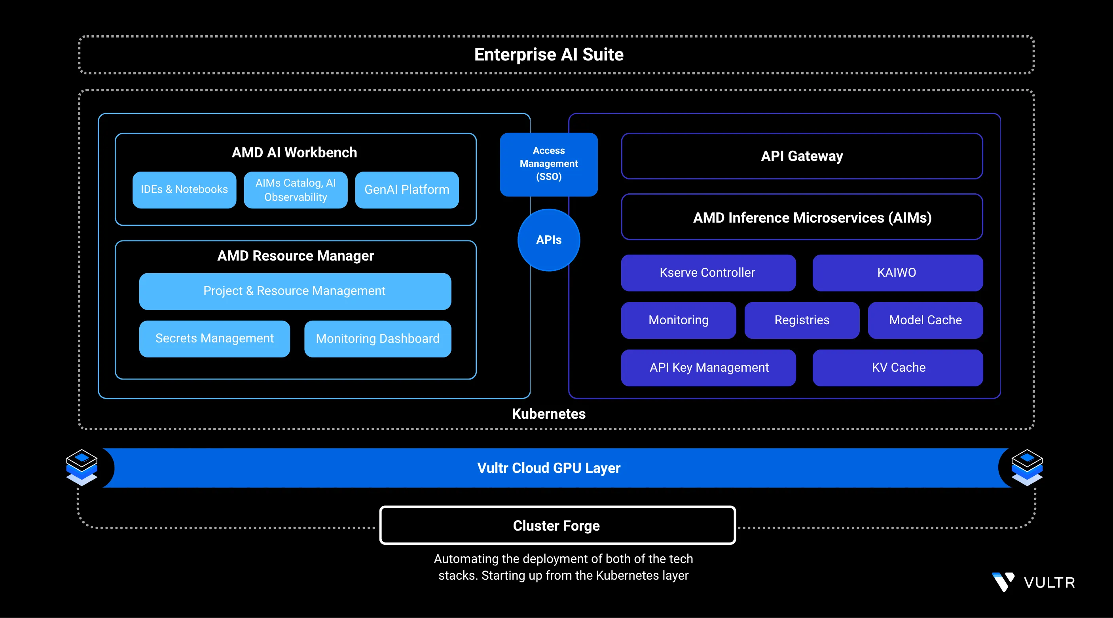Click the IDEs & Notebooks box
(184, 189)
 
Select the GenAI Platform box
(407, 189)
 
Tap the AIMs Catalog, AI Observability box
(296, 189)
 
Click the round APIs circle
(549, 240)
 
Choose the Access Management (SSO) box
(549, 164)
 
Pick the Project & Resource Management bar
(295, 291)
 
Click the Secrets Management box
(214, 338)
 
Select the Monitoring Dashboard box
(377, 338)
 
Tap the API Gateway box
(802, 156)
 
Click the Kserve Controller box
(708, 272)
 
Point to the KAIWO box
(897, 272)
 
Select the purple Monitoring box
(678, 320)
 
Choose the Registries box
(802, 320)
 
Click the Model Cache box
(925, 320)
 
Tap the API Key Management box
(709, 367)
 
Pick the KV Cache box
(898, 367)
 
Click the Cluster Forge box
(557, 525)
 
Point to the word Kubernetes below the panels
(549, 414)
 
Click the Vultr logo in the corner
(1033, 582)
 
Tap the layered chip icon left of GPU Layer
(82, 467)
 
